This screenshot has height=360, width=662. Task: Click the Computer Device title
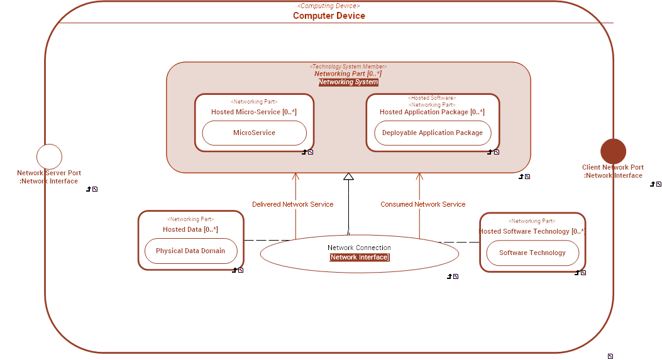click(x=329, y=16)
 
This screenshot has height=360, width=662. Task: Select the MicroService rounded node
click(x=254, y=133)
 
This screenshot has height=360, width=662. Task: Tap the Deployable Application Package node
click(x=433, y=133)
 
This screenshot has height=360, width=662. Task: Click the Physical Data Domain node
click(x=190, y=251)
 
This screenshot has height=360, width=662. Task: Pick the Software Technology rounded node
click(x=532, y=253)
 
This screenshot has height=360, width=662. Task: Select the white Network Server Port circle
click(x=49, y=156)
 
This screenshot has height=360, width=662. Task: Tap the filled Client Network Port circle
click(x=613, y=151)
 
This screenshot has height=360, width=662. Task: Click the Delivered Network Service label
click(x=292, y=204)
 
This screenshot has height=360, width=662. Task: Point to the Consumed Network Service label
click(x=422, y=204)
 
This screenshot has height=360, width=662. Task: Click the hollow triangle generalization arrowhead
click(x=348, y=177)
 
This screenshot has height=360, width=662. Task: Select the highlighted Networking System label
click(x=348, y=82)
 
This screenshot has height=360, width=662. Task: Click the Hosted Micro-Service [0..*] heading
click(x=254, y=112)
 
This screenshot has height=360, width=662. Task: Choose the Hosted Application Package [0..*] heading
click(x=432, y=112)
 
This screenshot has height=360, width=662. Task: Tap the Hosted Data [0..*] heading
click(x=190, y=229)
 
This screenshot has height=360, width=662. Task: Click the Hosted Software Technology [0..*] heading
click(x=532, y=231)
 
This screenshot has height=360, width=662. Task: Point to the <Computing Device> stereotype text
click(x=329, y=6)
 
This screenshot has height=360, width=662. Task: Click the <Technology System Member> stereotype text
click(x=348, y=67)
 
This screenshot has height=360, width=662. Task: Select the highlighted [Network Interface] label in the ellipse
click(x=360, y=258)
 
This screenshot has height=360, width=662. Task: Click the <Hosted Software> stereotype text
click(x=432, y=98)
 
